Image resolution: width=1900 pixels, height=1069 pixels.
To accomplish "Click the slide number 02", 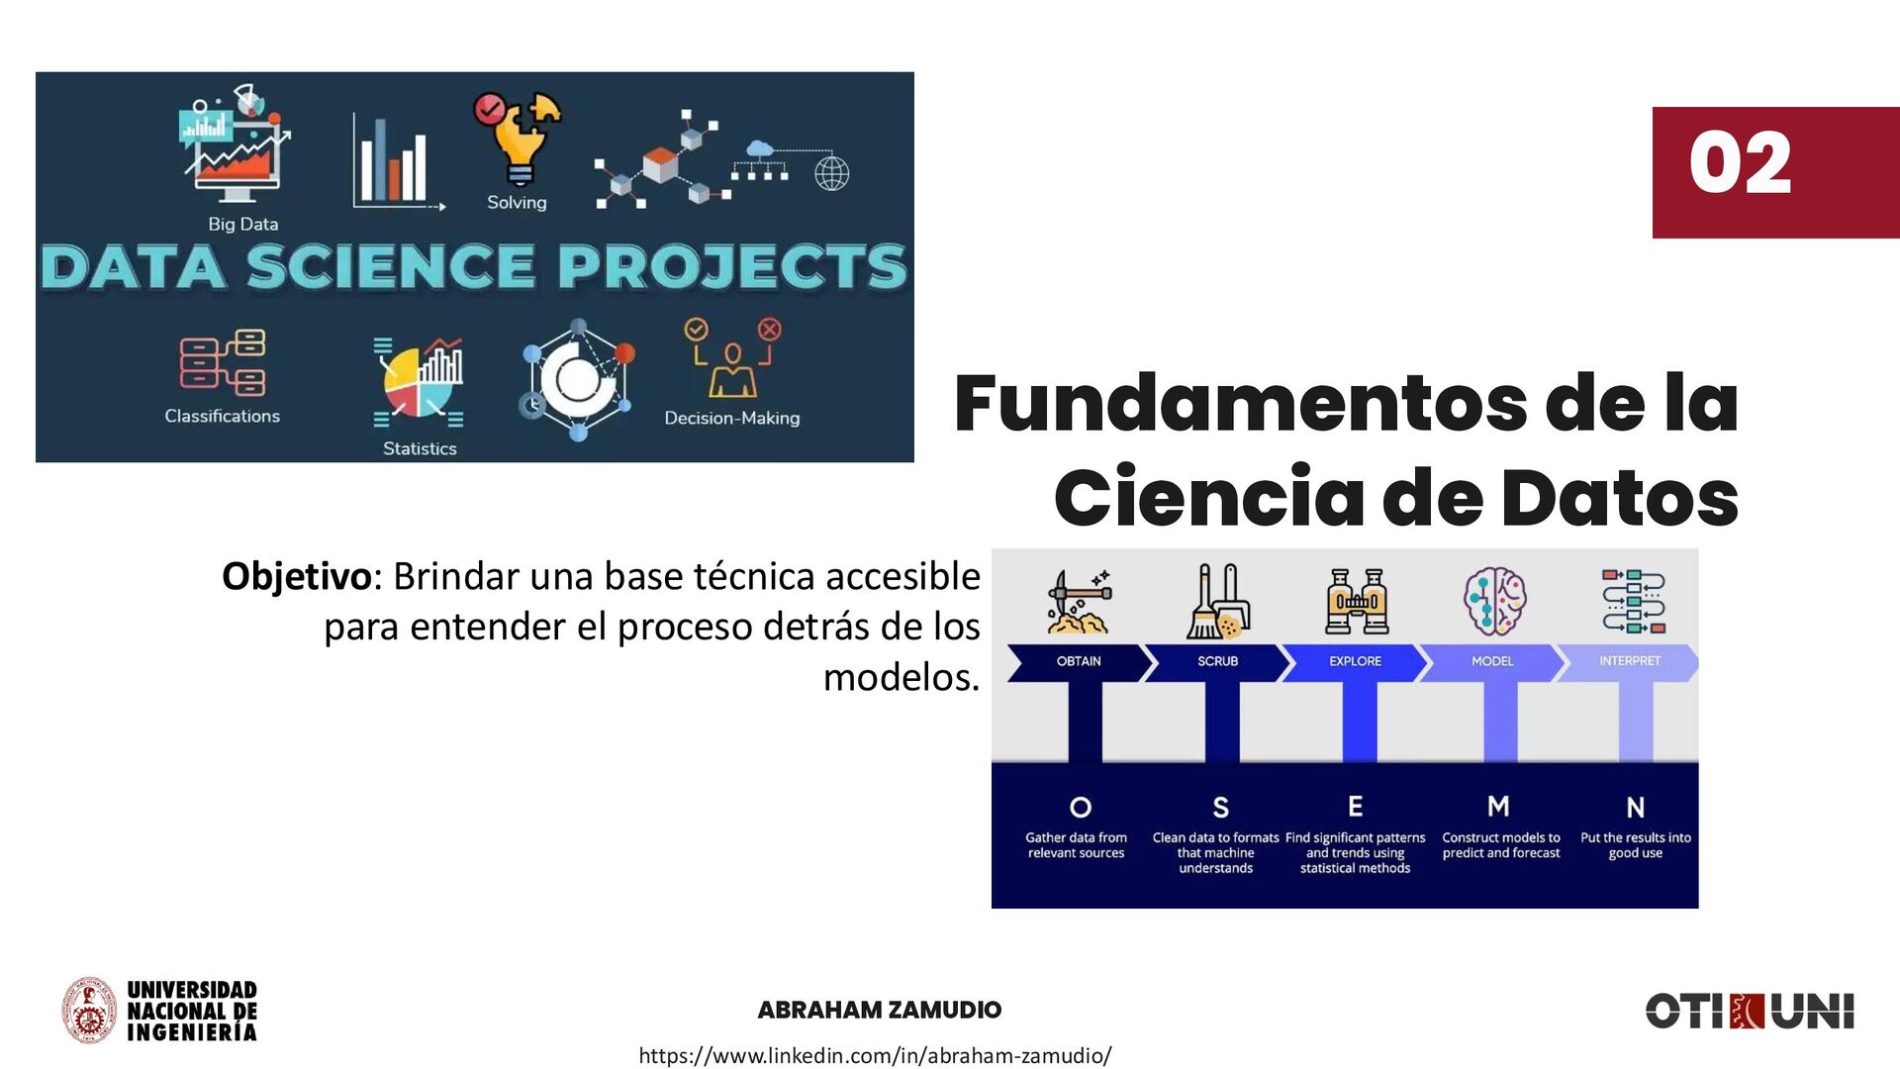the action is click(x=1740, y=164).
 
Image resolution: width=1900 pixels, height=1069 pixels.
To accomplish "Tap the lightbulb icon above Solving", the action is click(x=520, y=139).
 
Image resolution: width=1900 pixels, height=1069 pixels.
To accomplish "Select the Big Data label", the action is click(x=243, y=224).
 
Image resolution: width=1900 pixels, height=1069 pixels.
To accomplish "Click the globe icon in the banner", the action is click(x=831, y=173).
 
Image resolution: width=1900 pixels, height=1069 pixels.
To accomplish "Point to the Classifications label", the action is click(x=223, y=416).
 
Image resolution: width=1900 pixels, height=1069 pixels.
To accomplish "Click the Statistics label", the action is click(x=420, y=448).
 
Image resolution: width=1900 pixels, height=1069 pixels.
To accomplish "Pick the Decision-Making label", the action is click(x=731, y=418).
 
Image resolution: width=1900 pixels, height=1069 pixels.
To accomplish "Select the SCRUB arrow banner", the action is click(x=1217, y=661).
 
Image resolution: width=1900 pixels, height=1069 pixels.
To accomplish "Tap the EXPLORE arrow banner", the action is click(x=1355, y=661).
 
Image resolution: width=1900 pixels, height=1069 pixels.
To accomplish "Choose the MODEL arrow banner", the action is click(x=1492, y=661).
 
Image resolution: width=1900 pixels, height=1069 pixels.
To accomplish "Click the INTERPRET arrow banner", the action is click(x=1629, y=661).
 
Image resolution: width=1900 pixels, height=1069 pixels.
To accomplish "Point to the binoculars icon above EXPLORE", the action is click(x=1357, y=601).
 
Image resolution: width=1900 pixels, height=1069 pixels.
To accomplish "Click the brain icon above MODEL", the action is click(x=1494, y=600).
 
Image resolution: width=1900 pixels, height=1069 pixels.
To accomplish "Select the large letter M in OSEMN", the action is click(x=1498, y=807).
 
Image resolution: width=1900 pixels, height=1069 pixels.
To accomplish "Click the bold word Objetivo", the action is click(x=296, y=576).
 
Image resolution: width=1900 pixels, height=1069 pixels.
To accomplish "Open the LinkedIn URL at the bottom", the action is click(x=875, y=1055).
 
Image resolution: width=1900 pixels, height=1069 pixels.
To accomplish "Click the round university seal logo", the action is click(x=90, y=1011).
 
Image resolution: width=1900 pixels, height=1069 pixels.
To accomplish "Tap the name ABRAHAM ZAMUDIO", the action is click(x=879, y=1010).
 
